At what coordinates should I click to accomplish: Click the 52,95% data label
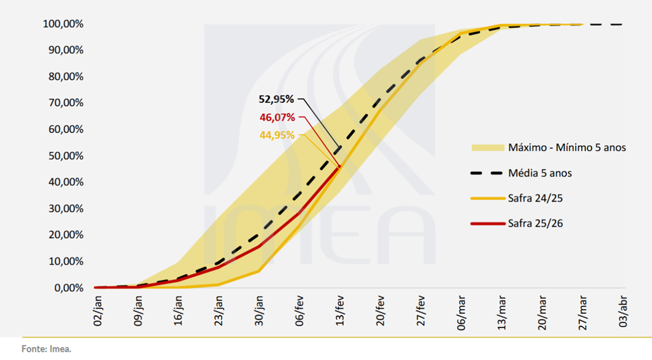click(x=276, y=99)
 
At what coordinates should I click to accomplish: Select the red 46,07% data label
click(x=276, y=117)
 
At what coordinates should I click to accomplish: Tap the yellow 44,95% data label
click(x=276, y=135)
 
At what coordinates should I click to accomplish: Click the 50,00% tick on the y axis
click(x=64, y=156)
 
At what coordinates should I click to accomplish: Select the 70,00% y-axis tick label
click(x=64, y=103)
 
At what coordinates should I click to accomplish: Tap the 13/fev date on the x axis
click(x=339, y=311)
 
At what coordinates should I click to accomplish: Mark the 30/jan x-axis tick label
click(x=259, y=311)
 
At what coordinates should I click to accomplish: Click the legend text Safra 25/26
click(x=535, y=224)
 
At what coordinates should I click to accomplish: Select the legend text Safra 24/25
click(x=535, y=199)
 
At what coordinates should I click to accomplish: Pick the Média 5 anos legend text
click(x=544, y=173)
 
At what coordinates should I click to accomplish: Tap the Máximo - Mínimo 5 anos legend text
click(x=567, y=148)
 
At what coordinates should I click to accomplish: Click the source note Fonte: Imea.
click(x=46, y=349)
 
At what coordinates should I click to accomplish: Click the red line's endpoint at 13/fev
click(x=339, y=166)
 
